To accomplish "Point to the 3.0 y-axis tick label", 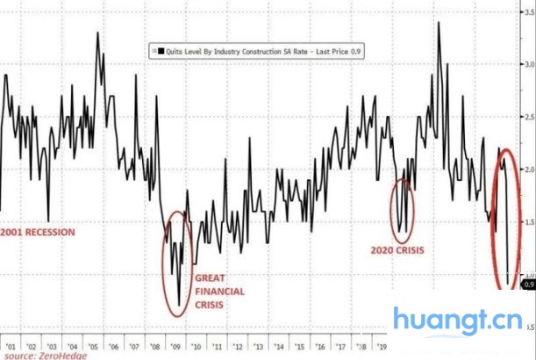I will point(529,65).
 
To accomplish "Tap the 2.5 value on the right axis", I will point(529,117).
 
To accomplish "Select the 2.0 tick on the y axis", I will point(529,169).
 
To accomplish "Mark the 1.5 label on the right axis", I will point(529,220).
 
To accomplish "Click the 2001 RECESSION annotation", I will point(39,233).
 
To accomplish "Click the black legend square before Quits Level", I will point(154,54).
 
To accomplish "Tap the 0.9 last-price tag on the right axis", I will point(529,284).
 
